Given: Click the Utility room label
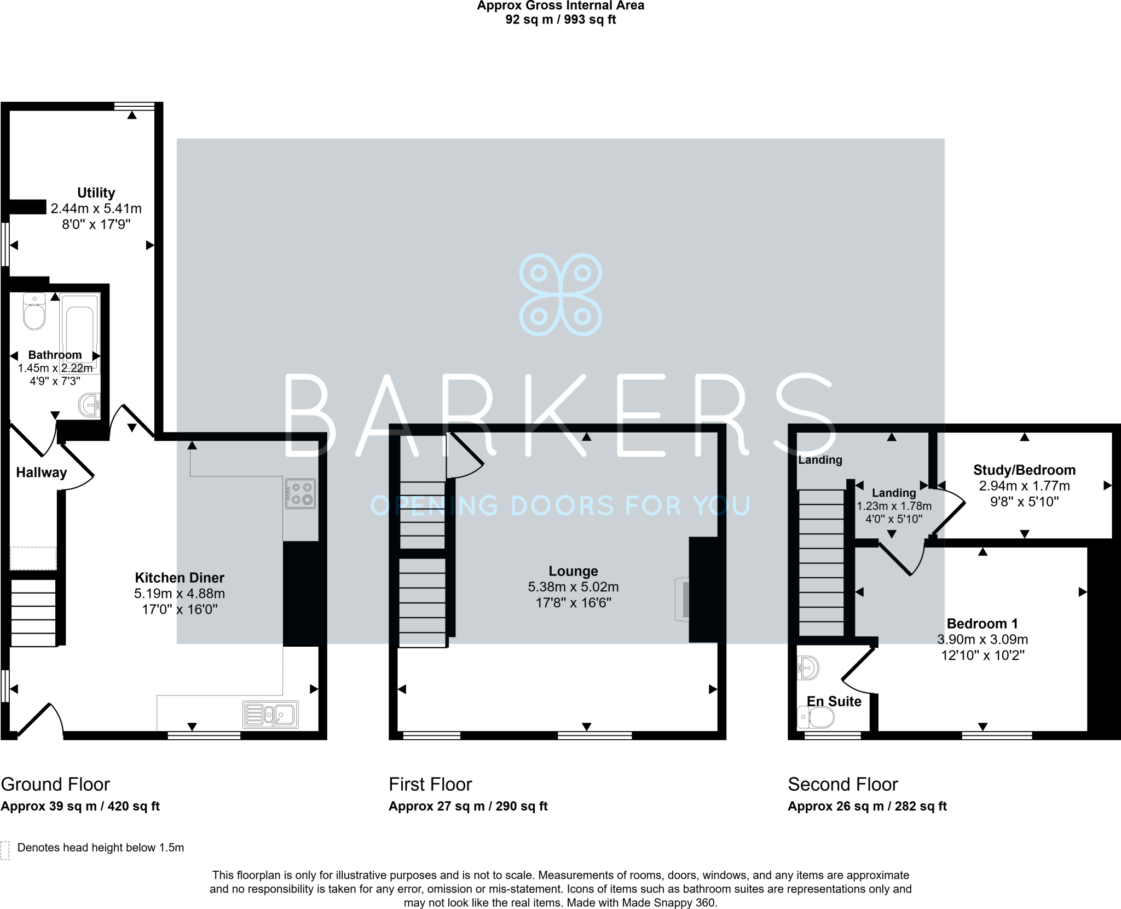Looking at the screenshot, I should tap(96, 193).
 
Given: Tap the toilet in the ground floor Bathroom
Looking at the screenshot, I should tap(34, 312).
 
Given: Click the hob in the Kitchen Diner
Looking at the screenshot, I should tap(301, 493).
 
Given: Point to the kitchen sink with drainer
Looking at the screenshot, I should tap(270, 715).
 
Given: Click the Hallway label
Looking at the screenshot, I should tap(41, 473).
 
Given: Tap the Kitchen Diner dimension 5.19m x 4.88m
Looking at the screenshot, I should tap(180, 594).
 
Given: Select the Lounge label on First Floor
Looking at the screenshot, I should tap(573, 571).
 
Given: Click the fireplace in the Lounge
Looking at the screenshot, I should tap(682, 600).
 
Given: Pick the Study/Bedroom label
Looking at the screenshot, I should tap(1024, 470).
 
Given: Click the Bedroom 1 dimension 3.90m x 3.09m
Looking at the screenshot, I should tap(983, 639).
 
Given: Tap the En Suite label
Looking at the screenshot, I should tap(834, 701).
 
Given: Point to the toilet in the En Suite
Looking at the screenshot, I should tap(816, 717).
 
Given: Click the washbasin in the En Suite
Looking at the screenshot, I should tap(808, 668).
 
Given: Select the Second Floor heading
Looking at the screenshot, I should tap(842, 784).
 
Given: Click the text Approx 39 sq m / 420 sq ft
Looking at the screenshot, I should tap(80, 806).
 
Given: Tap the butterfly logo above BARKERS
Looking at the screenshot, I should tap(560, 295).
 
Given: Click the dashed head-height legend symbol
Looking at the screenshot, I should tap(5, 850).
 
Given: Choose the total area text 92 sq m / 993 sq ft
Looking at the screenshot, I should tap(560, 20).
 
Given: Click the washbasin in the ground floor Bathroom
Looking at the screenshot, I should tap(89, 405).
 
